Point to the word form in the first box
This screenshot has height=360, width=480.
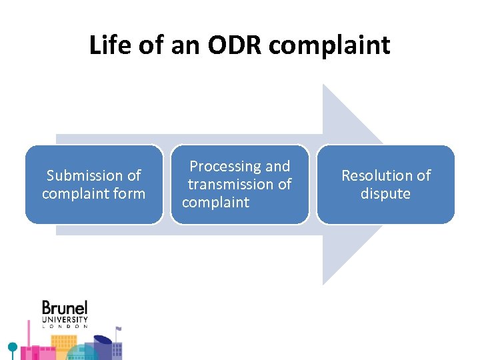[x=130, y=193]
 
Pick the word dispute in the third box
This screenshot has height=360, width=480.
[x=385, y=193]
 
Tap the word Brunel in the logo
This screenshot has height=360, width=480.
[x=65, y=308]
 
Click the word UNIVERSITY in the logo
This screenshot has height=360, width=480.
[x=65, y=319]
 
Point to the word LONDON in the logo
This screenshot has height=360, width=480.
[x=65, y=327]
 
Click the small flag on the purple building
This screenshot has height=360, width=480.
[x=119, y=329]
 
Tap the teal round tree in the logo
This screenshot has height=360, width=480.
[x=12, y=347]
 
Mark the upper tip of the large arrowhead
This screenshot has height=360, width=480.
[x=324, y=85]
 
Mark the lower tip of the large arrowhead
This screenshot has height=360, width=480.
[x=324, y=283]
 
